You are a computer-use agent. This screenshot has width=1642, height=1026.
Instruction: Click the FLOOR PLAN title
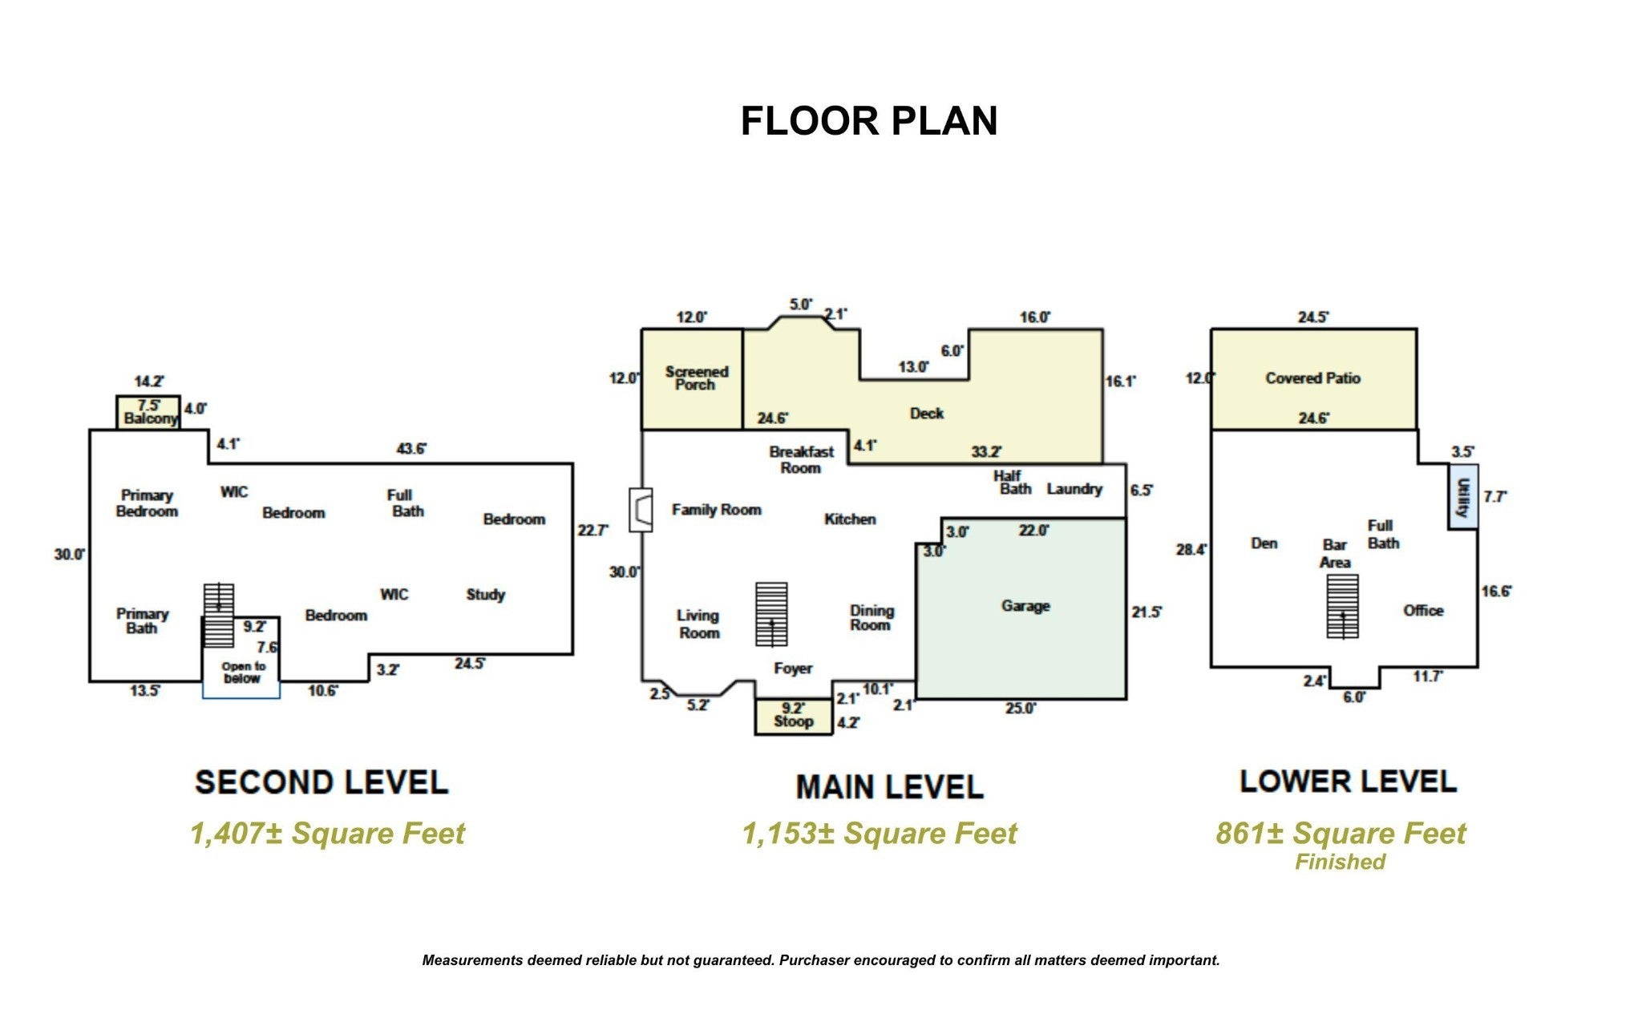coord(869,121)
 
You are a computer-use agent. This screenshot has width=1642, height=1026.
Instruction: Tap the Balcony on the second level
coord(148,413)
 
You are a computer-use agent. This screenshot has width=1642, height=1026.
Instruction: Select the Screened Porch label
coord(696,378)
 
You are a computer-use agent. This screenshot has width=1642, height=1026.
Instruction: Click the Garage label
coord(1025,606)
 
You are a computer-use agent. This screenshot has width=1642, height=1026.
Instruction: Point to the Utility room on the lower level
coord(1463,497)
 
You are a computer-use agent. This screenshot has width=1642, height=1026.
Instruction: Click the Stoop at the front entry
coord(793,717)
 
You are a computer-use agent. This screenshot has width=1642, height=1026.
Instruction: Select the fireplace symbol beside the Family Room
coord(641,510)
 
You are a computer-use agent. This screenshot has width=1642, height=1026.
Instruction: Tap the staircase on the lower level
coord(1342,606)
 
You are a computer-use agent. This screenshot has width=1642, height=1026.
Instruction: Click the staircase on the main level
coord(771,614)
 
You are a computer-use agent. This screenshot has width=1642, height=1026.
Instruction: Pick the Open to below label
coord(243,673)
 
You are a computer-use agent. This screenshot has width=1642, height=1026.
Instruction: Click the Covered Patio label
coord(1312,378)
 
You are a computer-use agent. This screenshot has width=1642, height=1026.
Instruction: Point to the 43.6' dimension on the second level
coord(411,449)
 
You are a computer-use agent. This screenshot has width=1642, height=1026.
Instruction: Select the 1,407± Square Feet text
coord(327,834)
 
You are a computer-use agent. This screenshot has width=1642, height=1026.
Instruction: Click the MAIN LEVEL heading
coord(889,787)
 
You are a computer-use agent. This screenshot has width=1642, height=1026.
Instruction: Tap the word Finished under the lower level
coord(1340,862)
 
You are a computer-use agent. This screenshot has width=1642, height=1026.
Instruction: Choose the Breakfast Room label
coord(801,460)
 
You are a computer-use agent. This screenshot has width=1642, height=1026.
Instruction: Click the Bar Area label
coord(1335,554)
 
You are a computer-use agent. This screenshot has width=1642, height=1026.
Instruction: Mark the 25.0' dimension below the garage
coord(1020,709)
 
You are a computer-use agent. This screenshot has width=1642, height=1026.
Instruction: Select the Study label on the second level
coord(486,595)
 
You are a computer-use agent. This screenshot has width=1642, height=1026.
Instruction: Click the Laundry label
coord(1074,489)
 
